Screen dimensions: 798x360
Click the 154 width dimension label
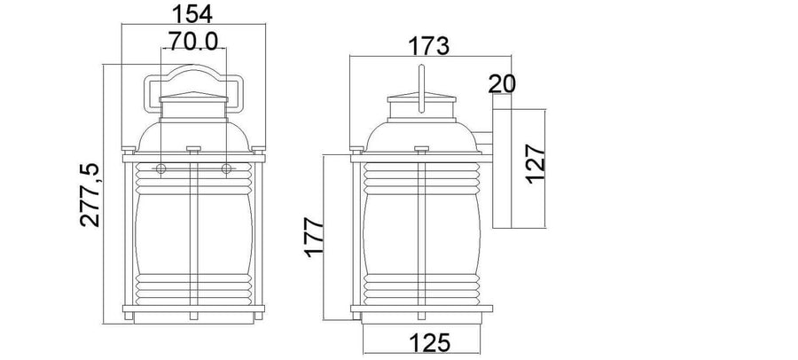pyautogui.click(x=192, y=14)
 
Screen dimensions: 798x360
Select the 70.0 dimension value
pyautogui.click(x=193, y=41)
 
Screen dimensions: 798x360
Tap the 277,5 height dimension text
pyautogui.click(x=90, y=195)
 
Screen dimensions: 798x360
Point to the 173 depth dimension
pyautogui.click(x=429, y=46)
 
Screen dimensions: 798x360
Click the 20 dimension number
pyautogui.click(x=502, y=84)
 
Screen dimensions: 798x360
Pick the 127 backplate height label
pyautogui.click(x=536, y=164)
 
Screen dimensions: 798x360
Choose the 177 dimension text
pyautogui.click(x=315, y=237)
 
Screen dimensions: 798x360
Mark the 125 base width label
pyautogui.click(x=429, y=342)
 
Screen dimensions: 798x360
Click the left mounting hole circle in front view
pyautogui.click(x=160, y=168)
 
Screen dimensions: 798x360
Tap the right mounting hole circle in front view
pyautogui.click(x=226, y=168)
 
